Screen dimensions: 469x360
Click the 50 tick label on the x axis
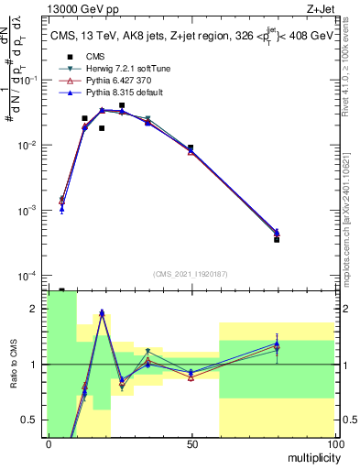click(191, 443)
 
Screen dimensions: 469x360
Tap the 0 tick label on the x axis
click(48, 443)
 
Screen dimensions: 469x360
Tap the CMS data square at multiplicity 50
click(191, 147)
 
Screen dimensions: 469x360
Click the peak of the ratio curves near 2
click(102, 312)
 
